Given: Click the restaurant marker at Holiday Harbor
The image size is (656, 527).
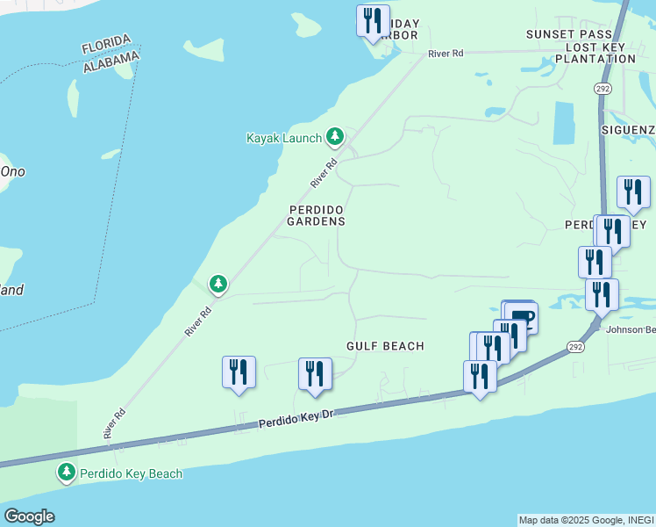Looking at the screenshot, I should [x=373, y=21].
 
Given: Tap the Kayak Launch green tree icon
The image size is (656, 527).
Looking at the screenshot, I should [x=334, y=137].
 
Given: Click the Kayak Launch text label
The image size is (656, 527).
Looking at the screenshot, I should [x=283, y=139].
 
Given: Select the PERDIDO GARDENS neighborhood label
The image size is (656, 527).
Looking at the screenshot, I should [x=317, y=215].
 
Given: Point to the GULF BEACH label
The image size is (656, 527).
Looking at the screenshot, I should [x=385, y=346].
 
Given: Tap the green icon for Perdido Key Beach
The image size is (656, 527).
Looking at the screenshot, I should [x=67, y=473].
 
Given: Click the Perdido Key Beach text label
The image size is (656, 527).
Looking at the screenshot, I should [x=132, y=473].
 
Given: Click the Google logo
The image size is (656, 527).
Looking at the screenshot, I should [x=29, y=516].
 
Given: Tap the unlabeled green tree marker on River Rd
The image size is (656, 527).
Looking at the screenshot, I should [x=218, y=284].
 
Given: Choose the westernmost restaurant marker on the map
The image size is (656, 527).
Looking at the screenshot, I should [x=239, y=372].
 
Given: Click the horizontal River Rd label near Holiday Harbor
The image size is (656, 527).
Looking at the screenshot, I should [x=446, y=54].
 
